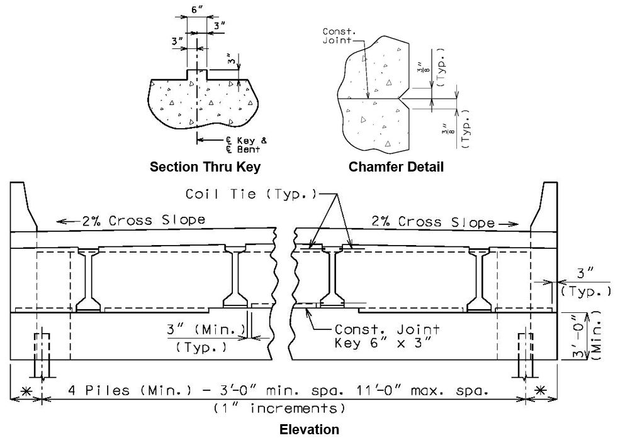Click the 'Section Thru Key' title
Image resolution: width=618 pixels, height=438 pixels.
[205, 167]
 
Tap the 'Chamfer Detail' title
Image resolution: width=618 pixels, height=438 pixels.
[396, 167]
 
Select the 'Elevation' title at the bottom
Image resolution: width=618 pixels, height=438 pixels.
[310, 429]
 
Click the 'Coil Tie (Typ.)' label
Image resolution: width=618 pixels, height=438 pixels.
[251, 194]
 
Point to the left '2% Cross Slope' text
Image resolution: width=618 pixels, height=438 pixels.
[143, 221]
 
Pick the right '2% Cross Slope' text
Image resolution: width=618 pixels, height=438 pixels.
[433, 222]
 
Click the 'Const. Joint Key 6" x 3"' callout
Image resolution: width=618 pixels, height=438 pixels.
[387, 336]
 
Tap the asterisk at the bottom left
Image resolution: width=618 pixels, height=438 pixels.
[26, 391]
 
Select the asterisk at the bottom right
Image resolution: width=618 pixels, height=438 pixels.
[541, 390]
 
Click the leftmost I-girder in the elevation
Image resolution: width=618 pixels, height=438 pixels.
[87, 280]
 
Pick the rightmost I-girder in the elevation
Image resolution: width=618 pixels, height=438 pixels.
[480, 280]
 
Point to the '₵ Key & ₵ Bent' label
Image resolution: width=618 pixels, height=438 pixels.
[246, 145]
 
